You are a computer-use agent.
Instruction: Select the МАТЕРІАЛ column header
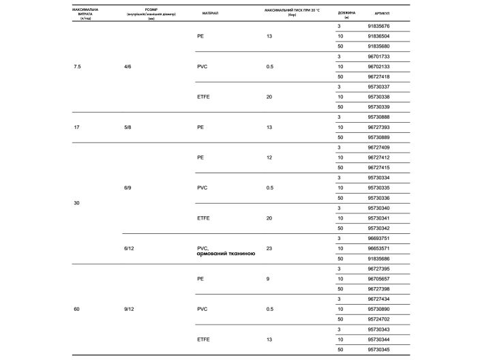pyautogui.click(x=210, y=13)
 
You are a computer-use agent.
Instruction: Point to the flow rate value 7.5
pyautogui.click(x=78, y=66)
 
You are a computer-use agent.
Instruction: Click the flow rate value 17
pyautogui.click(x=76, y=127)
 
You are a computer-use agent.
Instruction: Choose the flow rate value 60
pyautogui.click(x=76, y=309)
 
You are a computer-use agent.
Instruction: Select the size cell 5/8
pyautogui.click(x=128, y=127)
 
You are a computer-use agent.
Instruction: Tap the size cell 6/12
pyautogui.click(x=130, y=248)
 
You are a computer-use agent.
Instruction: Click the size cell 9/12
pyautogui.click(x=130, y=309)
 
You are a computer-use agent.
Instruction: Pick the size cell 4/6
pyautogui.click(x=128, y=66)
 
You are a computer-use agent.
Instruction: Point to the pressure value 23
pyautogui.click(x=269, y=248)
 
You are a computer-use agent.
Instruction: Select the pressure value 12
pyautogui.click(x=269, y=157)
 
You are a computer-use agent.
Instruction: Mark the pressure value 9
pyautogui.click(x=268, y=279)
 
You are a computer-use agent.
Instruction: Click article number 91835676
pyautogui.click(x=378, y=26)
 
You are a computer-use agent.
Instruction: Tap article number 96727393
pyautogui.click(x=378, y=127)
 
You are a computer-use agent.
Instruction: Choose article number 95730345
pyautogui.click(x=378, y=350)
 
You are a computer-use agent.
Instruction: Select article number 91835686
pyautogui.click(x=378, y=258)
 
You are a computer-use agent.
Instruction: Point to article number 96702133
pyautogui.click(x=378, y=66)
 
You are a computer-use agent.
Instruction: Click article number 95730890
pyautogui.click(x=378, y=309)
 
